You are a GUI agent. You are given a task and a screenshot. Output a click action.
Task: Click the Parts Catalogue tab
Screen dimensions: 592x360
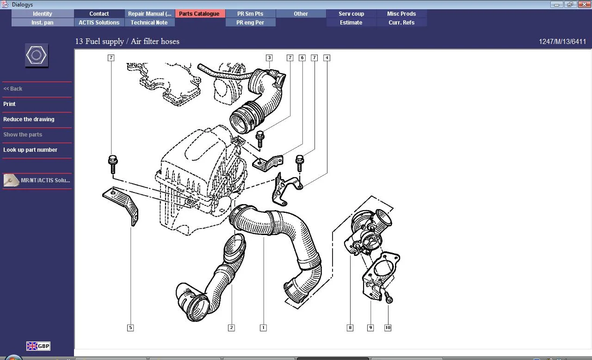point(199,14)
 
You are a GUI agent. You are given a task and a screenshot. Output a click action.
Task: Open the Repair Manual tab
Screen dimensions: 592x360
point(149,14)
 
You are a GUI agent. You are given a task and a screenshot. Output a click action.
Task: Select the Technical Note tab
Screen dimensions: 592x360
point(149,23)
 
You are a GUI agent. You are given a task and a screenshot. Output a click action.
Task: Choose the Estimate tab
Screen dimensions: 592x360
point(351,23)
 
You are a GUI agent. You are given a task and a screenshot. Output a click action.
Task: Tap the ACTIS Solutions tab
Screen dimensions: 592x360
point(99,23)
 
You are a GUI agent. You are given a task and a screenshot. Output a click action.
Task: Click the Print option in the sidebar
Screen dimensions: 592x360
point(10,104)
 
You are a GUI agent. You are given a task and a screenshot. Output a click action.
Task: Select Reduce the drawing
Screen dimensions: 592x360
point(29,119)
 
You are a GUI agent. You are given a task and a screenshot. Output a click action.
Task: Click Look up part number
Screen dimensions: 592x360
point(30,150)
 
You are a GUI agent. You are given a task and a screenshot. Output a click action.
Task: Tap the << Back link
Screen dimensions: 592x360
point(12,89)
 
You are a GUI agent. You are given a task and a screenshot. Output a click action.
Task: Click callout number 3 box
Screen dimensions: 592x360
point(269,58)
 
